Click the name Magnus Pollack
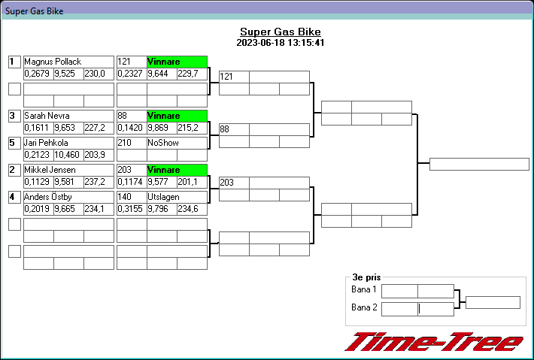point(53,62)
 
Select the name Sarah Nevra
point(47,116)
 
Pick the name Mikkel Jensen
point(50,170)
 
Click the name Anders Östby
point(49,197)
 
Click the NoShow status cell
point(163,143)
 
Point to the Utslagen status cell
point(164,197)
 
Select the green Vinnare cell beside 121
point(177,62)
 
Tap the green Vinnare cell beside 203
point(177,170)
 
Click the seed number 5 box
point(14,143)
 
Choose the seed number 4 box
point(14,197)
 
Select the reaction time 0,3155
point(131,209)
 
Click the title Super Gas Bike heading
point(280,32)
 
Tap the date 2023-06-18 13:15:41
point(280,43)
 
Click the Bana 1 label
point(364,290)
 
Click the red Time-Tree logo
point(433,342)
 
